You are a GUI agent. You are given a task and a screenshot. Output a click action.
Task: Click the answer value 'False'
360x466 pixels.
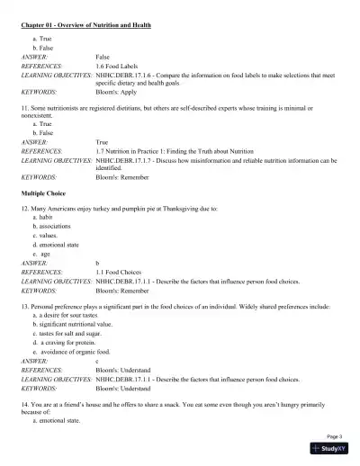point(103,56)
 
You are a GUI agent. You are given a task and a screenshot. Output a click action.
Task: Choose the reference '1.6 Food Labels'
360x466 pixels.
point(121,66)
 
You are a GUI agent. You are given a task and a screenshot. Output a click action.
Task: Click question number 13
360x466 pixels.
point(26,307)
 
